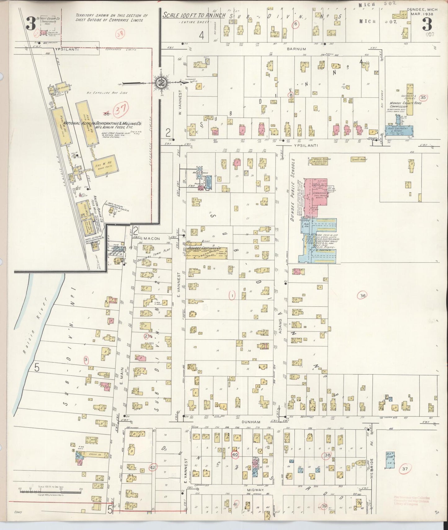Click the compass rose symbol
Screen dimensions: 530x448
coord(161,82)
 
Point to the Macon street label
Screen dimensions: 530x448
coord(152,238)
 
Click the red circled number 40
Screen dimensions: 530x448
coord(235,454)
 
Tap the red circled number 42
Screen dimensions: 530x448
coord(152,467)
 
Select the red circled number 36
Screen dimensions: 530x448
coord(362,296)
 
